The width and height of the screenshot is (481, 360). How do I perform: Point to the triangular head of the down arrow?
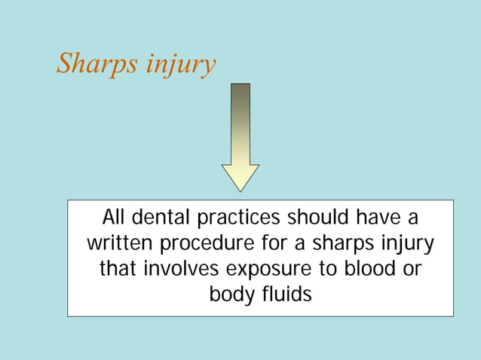coord(240,177)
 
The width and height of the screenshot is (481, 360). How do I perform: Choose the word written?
coord(117,244)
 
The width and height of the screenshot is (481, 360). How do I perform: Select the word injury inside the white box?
coord(406,244)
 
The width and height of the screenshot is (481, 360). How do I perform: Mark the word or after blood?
coord(412,269)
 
